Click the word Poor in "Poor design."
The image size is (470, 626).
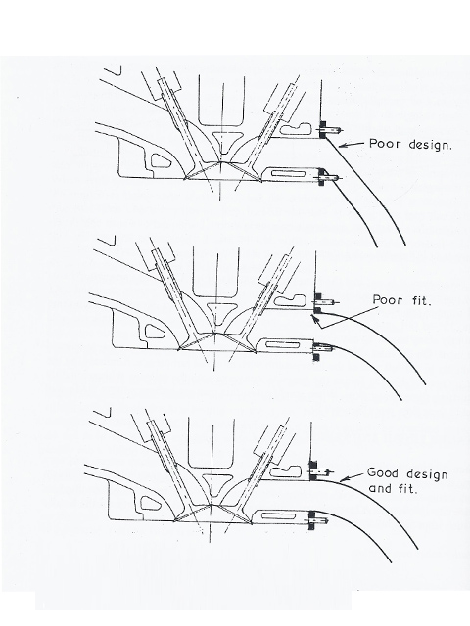click(383, 144)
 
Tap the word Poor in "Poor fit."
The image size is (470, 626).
click(388, 300)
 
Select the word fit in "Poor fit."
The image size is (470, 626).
click(421, 300)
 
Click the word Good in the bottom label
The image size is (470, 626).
click(383, 473)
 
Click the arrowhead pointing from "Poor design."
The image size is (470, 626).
click(343, 146)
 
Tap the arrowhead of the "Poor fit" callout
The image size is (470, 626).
click(315, 319)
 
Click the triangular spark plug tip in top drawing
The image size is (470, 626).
click(222, 142)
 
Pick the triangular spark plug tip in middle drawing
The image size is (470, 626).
click(217, 313)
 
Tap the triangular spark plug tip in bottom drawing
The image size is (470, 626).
click(212, 483)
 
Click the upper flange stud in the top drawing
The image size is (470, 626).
click(330, 129)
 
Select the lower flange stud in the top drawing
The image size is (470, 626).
click(330, 177)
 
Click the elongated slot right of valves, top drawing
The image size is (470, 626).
click(288, 174)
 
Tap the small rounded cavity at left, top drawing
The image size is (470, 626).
click(161, 160)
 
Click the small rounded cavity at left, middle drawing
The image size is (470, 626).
click(154, 332)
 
